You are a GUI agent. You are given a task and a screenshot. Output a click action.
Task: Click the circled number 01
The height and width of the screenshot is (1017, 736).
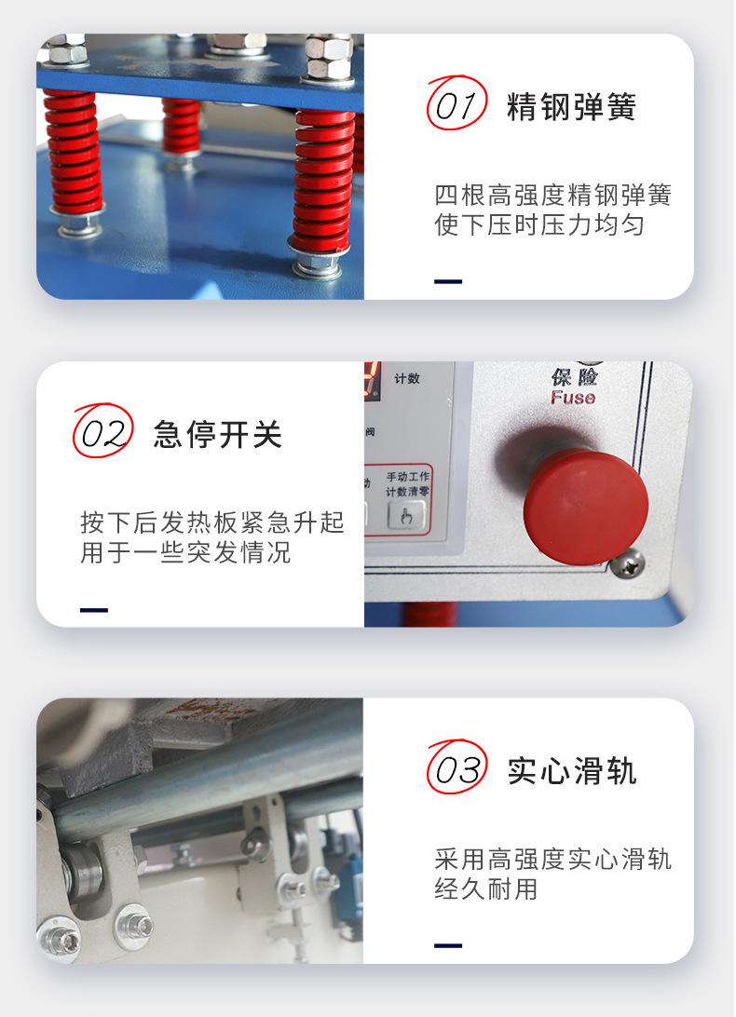point(457,107)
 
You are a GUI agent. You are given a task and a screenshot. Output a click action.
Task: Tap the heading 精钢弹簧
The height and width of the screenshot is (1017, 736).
point(571,108)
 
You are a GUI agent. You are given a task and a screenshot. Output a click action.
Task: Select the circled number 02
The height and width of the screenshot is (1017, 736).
point(102,434)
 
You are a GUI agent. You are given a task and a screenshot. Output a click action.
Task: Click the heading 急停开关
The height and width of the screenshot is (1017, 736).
point(217,435)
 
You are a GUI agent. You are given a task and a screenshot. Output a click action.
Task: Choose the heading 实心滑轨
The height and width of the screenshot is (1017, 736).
point(571,771)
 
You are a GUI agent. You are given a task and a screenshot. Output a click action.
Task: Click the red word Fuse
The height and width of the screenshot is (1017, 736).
point(572,399)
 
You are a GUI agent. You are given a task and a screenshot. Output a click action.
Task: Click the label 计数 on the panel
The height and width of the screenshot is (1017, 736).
point(407,379)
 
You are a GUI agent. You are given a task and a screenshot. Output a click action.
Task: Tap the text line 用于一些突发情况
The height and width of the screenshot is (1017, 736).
point(185,552)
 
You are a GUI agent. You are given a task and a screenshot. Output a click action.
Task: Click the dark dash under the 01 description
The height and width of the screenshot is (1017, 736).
point(448,281)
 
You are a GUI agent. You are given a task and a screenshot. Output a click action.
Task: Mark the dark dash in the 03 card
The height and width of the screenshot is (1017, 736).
point(448,945)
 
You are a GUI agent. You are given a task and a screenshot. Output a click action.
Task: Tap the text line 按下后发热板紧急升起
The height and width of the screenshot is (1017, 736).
point(211,522)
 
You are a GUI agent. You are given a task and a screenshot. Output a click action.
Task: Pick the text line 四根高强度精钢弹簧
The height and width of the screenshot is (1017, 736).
point(552,196)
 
